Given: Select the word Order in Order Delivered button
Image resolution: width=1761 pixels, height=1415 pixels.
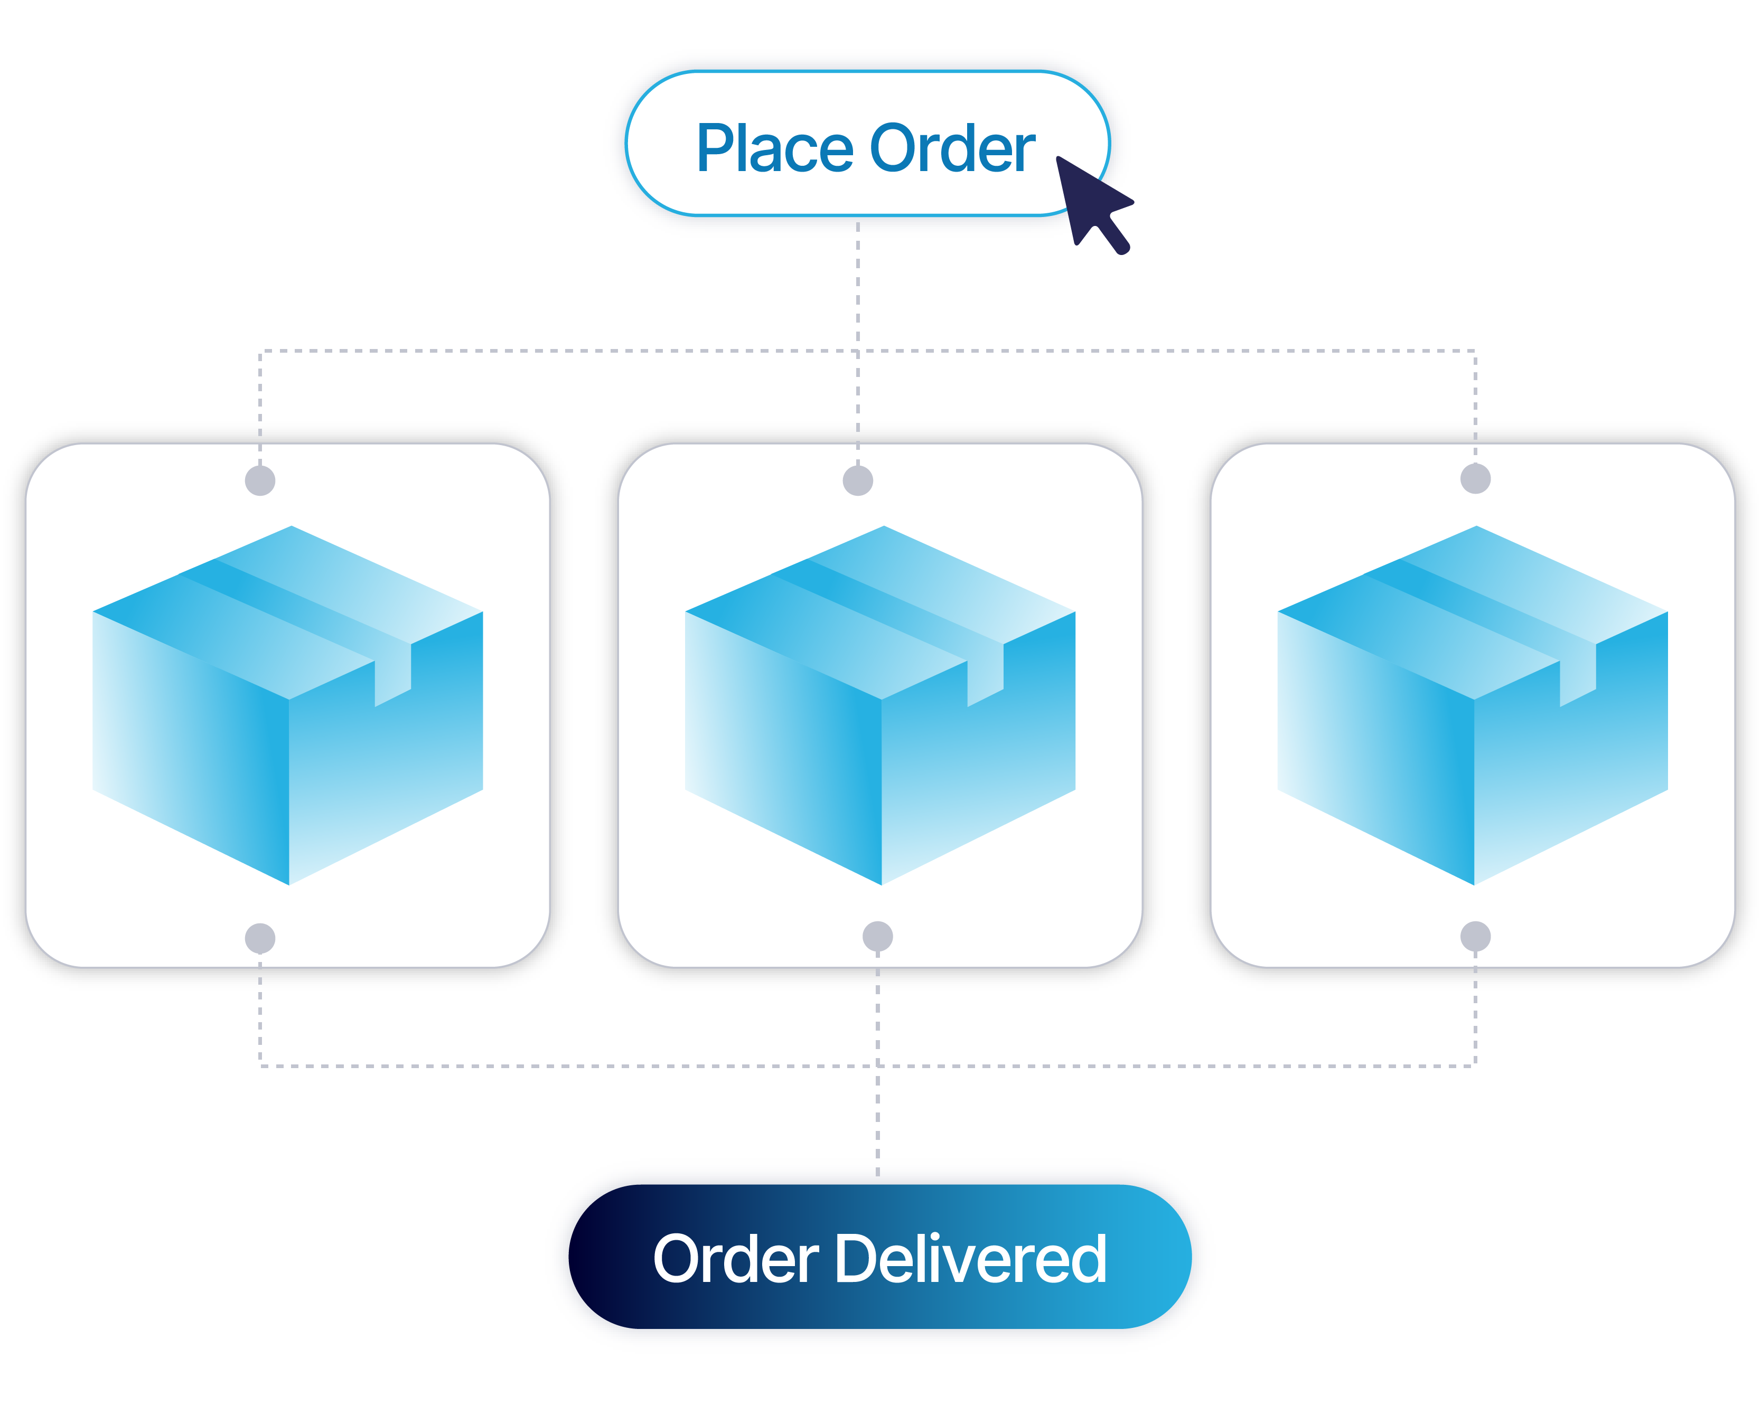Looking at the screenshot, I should point(735,1260).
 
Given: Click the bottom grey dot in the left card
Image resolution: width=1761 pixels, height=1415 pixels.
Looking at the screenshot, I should point(260,938).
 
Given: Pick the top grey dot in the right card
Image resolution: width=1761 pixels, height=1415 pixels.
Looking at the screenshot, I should point(1475,478).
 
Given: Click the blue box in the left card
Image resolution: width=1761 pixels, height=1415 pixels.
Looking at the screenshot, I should point(287,719).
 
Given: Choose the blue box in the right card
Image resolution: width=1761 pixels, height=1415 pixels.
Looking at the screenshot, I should point(1473,719).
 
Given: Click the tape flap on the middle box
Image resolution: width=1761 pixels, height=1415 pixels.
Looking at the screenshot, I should point(985,674).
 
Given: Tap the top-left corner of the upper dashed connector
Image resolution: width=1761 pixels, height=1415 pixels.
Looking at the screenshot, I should point(260,351).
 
